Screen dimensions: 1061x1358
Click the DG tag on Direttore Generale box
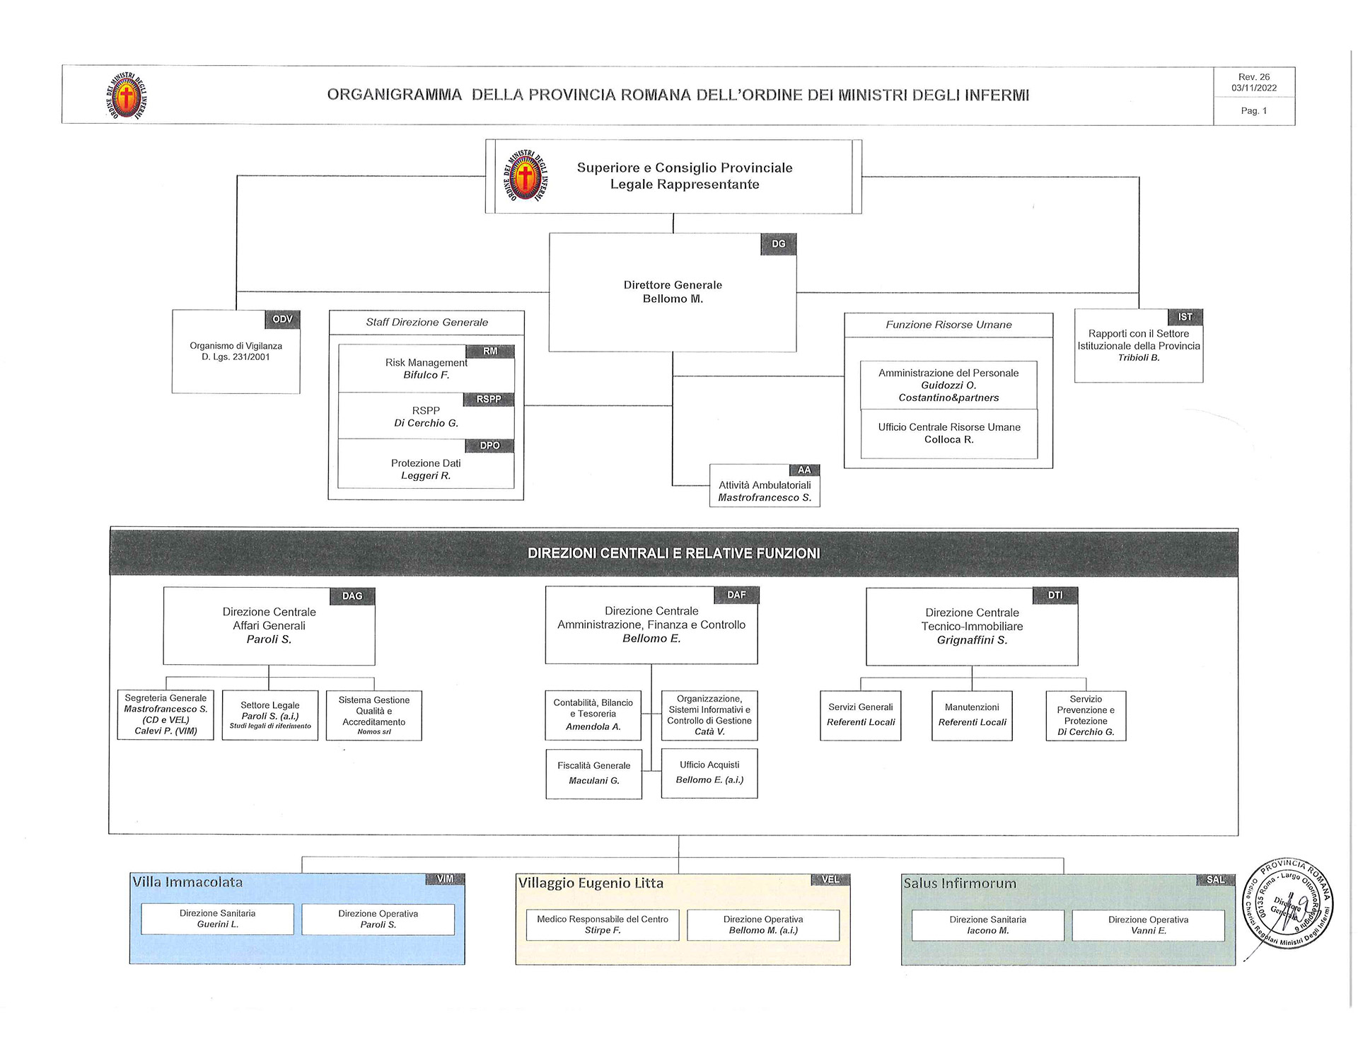coord(778,244)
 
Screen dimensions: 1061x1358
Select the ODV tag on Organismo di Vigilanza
coord(282,320)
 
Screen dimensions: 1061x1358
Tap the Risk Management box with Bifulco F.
coord(426,369)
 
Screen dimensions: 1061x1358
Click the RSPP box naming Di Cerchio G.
coord(426,417)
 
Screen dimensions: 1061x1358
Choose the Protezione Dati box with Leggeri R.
coord(426,469)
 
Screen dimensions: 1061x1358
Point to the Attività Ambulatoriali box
coord(765,491)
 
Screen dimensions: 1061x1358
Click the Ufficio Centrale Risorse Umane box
coord(948,434)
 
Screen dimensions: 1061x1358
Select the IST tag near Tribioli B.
coord(1185,317)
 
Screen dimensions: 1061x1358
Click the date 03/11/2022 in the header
coord(1254,88)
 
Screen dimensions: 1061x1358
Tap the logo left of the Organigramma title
coord(126,95)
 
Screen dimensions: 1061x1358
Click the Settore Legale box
coord(269,715)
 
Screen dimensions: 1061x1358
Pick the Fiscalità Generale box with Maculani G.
coord(593,773)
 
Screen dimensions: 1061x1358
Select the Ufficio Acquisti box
coord(709,772)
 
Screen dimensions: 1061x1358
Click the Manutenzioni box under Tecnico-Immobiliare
coord(972,715)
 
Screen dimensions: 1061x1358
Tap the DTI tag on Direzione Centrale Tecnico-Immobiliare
coord(1055,596)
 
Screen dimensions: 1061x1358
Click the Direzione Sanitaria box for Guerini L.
coord(217,919)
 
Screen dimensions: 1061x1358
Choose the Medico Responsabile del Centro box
coord(603,924)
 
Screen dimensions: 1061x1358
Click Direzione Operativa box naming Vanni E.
coord(1148,925)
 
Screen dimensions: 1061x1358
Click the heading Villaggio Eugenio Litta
coord(591,883)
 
